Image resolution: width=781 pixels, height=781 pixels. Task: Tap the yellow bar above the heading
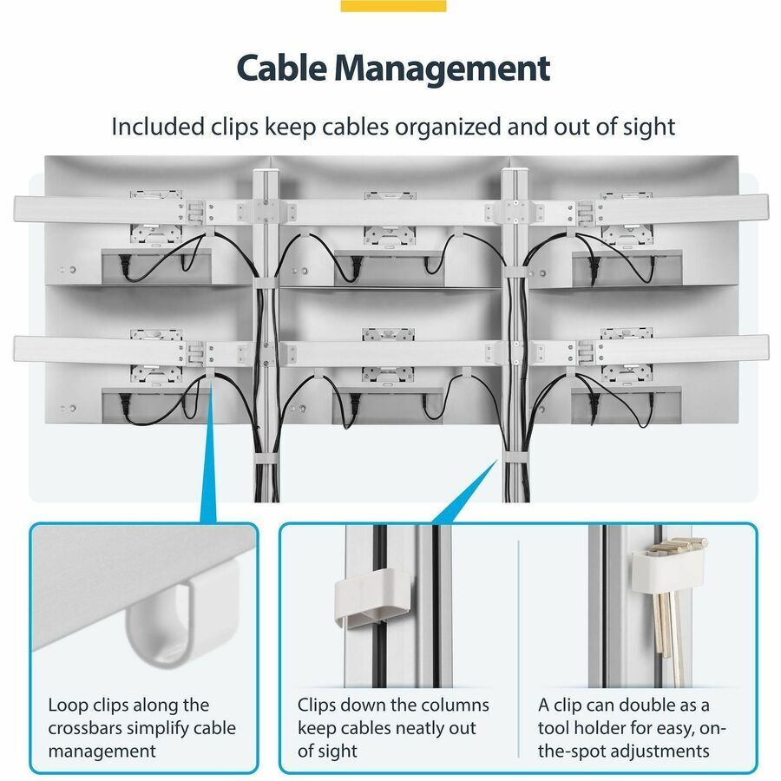(393, 5)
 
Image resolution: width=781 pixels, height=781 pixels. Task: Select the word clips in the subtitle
(234, 127)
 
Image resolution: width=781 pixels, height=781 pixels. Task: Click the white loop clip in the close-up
(159, 618)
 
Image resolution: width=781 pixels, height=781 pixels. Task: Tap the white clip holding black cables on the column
(371, 598)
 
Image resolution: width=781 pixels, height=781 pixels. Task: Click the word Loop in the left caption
(68, 706)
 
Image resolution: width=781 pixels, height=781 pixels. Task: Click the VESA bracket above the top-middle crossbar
(390, 194)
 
